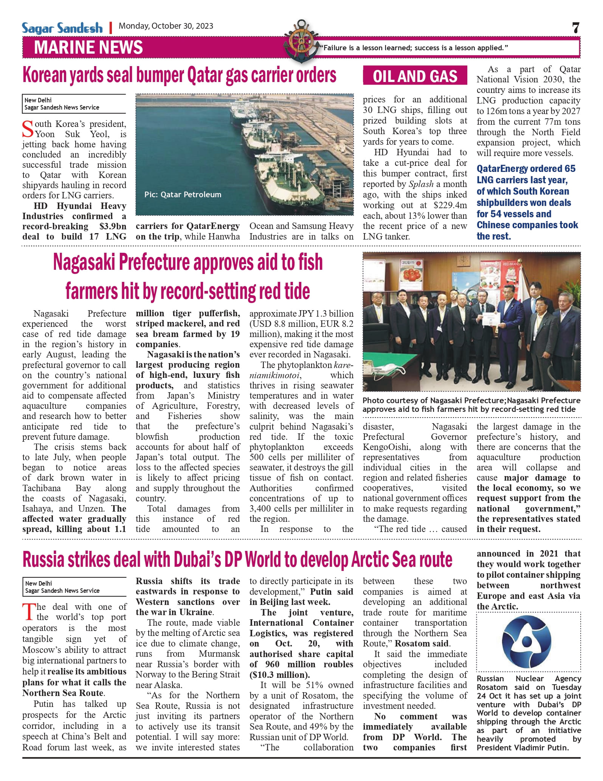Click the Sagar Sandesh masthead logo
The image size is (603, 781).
[62, 28]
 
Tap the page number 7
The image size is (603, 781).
[575, 28]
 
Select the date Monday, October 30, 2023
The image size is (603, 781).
[166, 26]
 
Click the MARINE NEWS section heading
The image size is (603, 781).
[88, 48]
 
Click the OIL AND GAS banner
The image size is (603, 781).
[415, 76]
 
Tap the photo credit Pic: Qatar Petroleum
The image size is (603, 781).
[183, 195]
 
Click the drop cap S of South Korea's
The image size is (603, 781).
[28, 129]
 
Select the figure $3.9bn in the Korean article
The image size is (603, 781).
[113, 226]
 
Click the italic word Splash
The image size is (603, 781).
[421, 184]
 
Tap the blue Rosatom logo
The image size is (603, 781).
[526, 642]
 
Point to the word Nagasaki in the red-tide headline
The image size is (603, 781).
[84, 262]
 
